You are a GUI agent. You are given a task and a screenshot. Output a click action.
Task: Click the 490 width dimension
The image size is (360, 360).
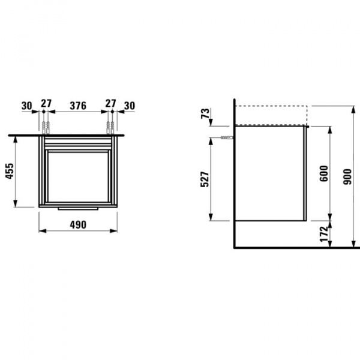tap(78, 225)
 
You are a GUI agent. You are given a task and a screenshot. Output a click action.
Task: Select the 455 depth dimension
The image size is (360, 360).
tap(10, 171)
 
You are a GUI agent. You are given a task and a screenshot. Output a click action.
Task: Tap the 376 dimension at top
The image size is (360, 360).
tap(78, 106)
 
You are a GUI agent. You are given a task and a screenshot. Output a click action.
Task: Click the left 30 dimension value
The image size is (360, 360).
tap(27, 106)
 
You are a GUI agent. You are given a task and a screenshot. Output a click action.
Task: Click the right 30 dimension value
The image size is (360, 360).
tap(130, 106)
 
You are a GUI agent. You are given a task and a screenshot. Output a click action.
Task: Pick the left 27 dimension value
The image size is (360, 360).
tap(46, 103)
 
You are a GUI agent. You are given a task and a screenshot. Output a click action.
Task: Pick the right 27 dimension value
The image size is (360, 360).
tap(110, 103)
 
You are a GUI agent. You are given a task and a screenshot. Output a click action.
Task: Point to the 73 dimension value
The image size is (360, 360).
tap(205, 113)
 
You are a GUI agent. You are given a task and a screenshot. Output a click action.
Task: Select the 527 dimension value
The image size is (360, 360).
tap(205, 179)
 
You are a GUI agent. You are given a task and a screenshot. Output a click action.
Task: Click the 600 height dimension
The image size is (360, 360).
tap(324, 173)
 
